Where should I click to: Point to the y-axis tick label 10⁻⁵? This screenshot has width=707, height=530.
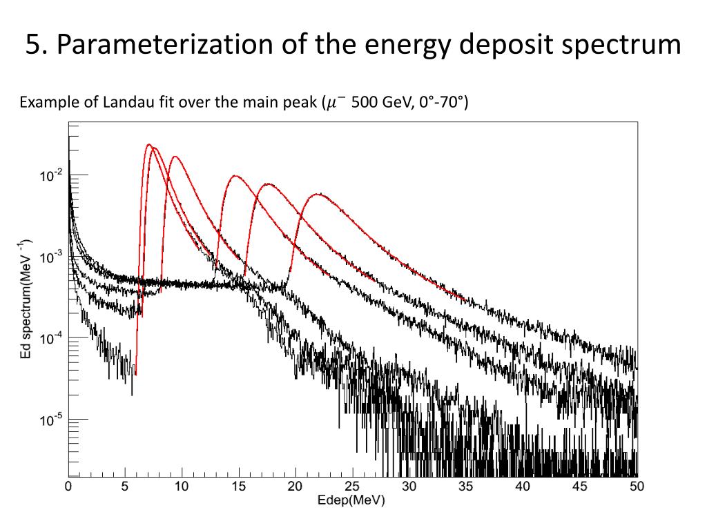point(50,419)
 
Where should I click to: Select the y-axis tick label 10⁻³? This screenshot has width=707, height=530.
point(50,257)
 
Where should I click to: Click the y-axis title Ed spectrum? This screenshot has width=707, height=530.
point(24,300)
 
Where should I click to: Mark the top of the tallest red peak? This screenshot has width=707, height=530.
point(148,144)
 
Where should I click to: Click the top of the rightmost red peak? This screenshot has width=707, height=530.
point(318,194)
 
